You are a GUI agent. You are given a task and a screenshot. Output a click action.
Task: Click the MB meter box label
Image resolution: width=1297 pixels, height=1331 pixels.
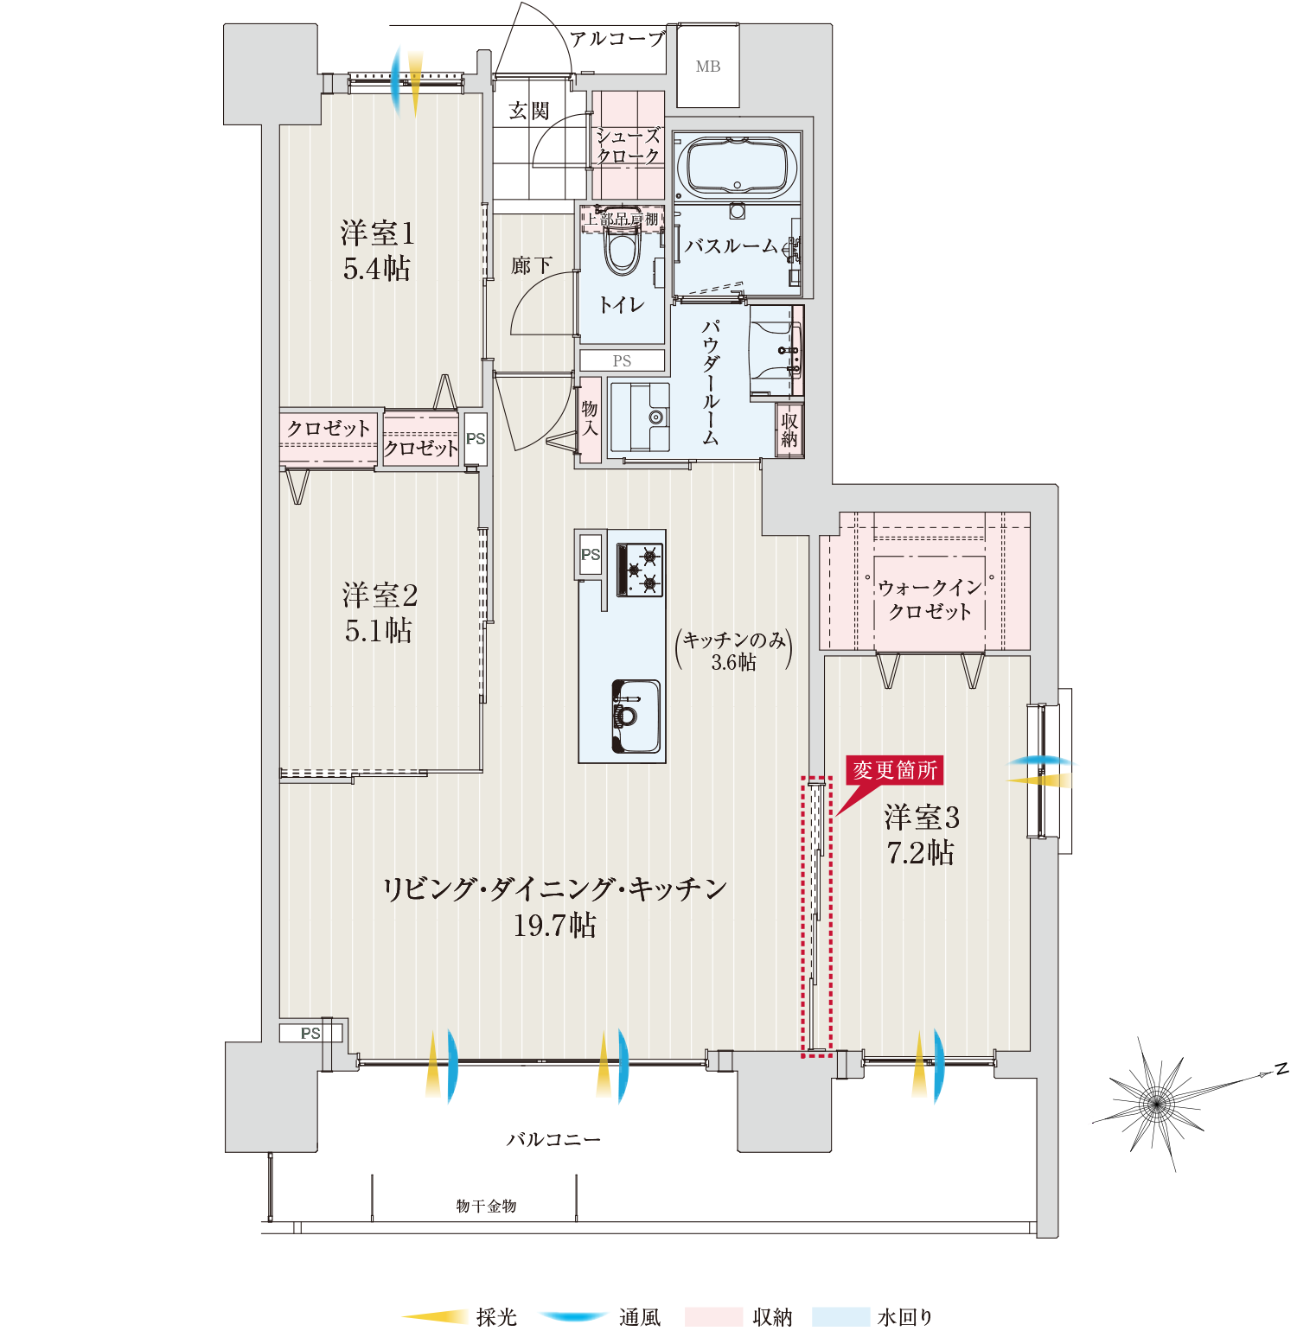[x=708, y=67]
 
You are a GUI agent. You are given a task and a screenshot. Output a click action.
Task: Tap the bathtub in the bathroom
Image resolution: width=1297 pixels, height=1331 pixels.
[x=737, y=167]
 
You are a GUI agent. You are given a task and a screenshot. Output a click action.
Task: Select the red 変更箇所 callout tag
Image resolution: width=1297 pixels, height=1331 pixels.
[x=894, y=769]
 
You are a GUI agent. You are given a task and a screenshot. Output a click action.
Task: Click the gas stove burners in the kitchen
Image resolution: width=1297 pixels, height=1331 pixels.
[x=640, y=570]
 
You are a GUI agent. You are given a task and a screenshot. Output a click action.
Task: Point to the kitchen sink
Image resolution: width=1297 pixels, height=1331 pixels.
[x=636, y=716]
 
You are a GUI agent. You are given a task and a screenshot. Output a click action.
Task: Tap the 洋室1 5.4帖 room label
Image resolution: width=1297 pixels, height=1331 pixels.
[x=377, y=251]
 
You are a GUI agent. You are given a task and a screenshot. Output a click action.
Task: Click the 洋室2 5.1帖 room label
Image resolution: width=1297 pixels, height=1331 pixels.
[x=379, y=613]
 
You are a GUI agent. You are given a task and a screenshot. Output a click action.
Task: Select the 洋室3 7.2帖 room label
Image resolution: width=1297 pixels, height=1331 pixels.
[x=921, y=835]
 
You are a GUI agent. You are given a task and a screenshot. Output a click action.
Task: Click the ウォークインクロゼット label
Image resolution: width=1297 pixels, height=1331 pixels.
[x=930, y=599]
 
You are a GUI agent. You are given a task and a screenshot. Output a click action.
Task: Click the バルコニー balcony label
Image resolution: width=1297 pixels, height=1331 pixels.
[x=553, y=1140]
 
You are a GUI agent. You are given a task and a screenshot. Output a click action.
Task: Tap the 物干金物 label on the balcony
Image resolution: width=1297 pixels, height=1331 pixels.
[x=486, y=1206]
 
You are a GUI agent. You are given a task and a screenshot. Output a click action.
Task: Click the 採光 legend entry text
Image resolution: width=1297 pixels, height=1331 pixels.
[x=496, y=1316]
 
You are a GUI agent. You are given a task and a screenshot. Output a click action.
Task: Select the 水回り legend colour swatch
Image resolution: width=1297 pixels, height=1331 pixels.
[x=840, y=1316]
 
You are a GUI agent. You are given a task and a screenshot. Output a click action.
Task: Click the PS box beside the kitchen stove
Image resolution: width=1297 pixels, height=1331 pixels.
[x=591, y=554]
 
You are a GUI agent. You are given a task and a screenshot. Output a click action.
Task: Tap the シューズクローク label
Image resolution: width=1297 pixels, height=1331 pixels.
[x=629, y=146]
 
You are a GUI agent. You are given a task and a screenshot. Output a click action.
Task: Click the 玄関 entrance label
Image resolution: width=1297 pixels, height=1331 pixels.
[x=529, y=111]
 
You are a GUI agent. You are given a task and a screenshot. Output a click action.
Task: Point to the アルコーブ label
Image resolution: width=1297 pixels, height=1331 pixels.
[x=617, y=39]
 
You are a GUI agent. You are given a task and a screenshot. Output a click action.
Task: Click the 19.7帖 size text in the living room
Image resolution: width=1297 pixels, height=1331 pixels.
[x=554, y=926]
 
